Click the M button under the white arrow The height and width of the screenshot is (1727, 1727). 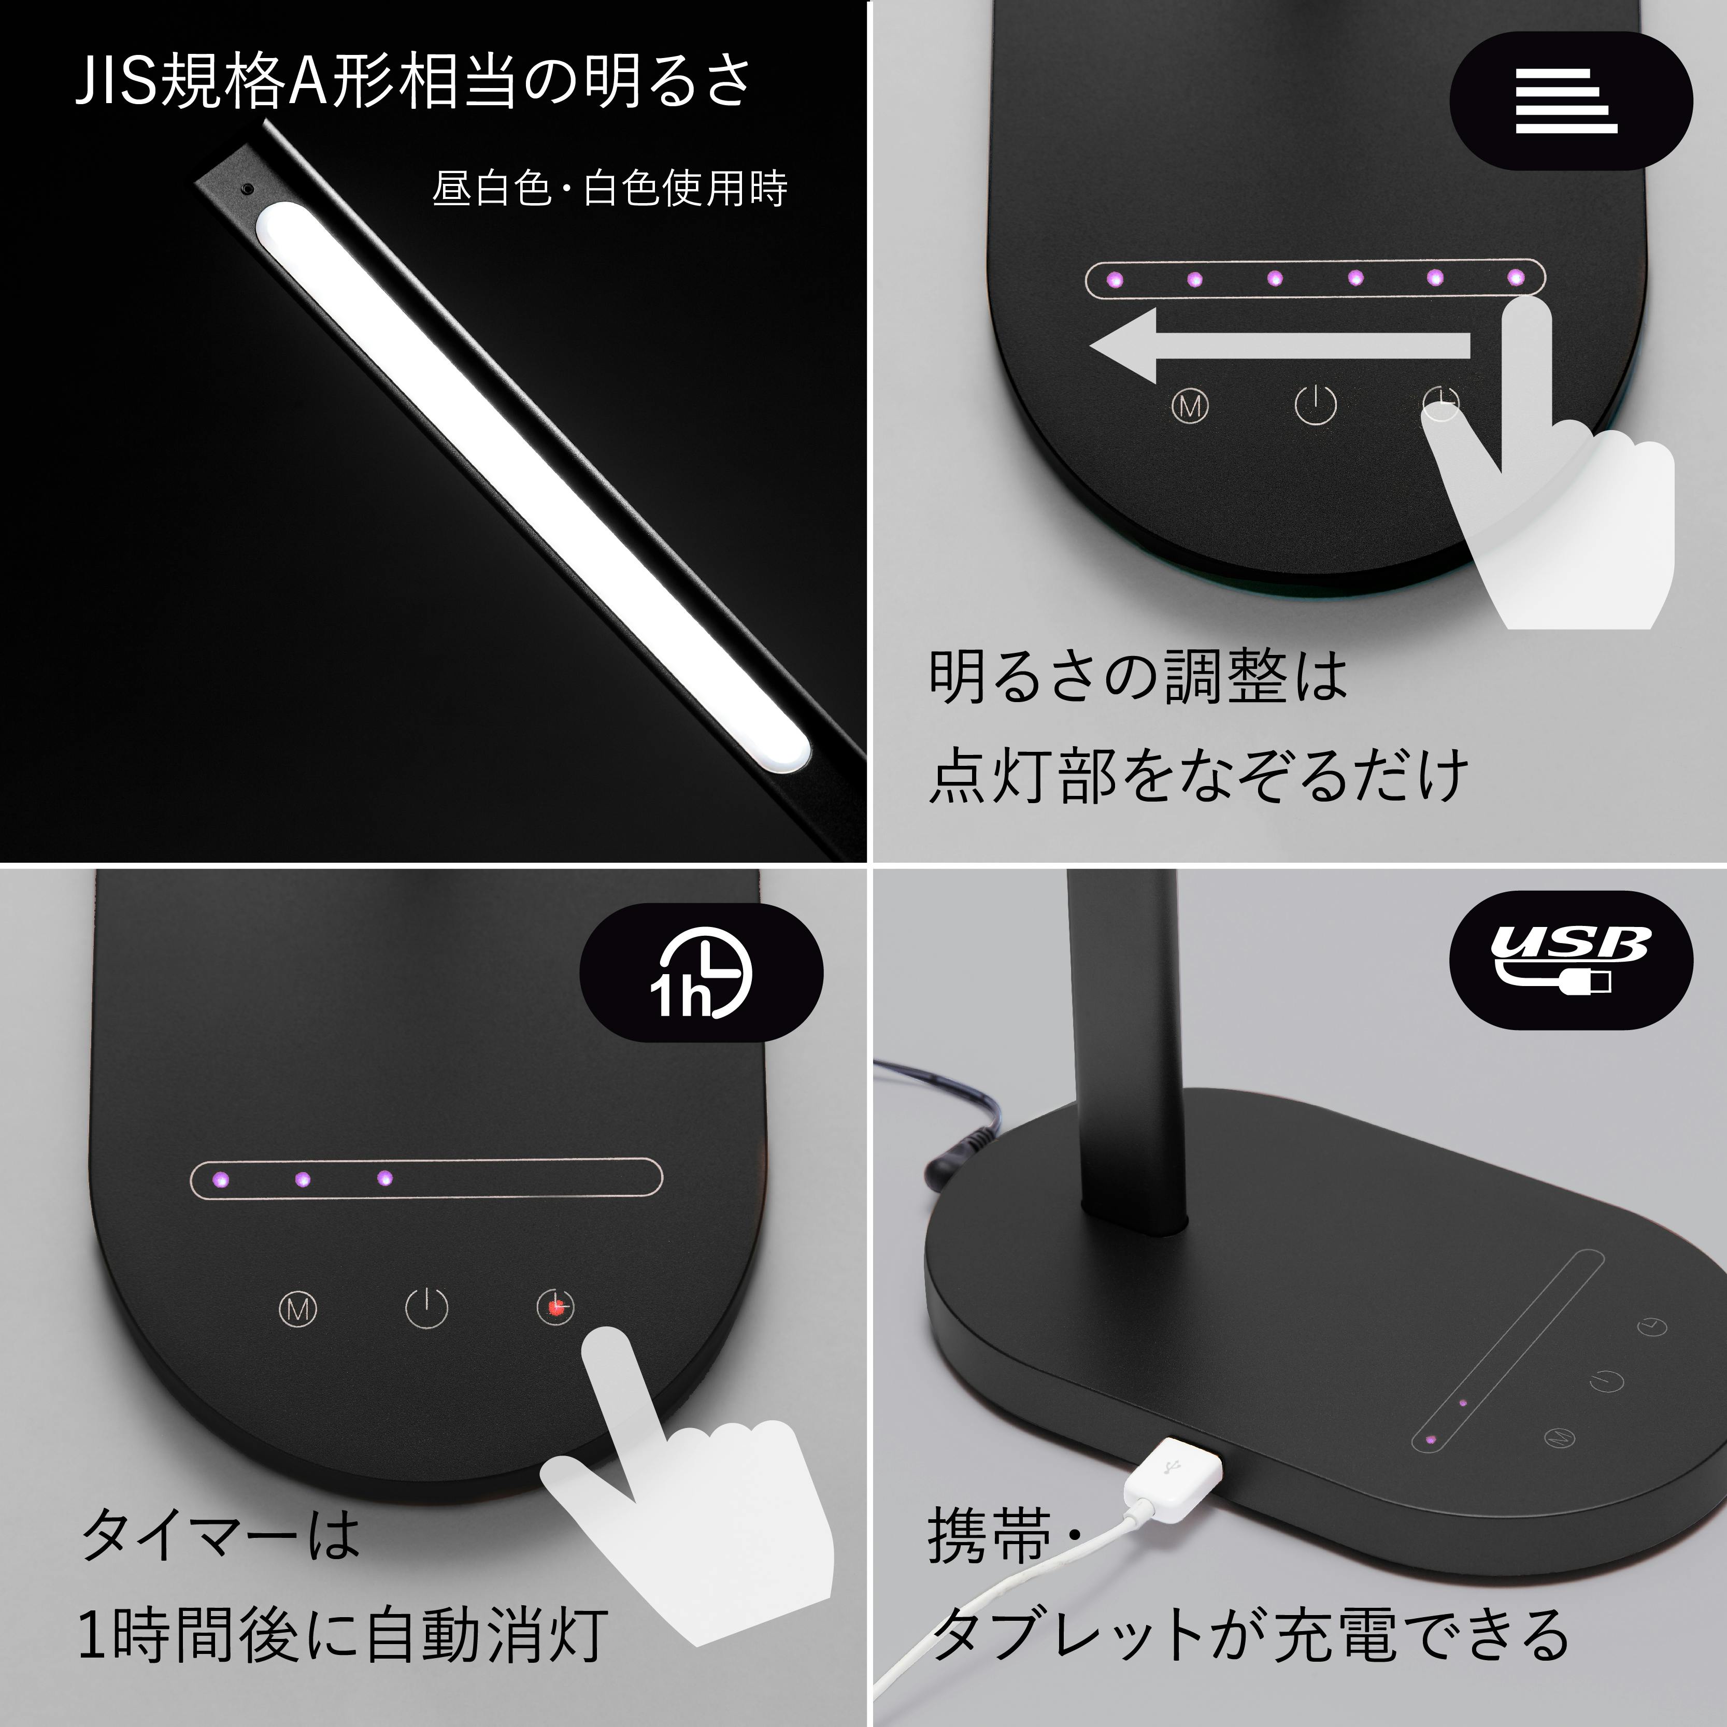(x=1190, y=407)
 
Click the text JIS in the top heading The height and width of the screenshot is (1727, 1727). (x=116, y=82)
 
